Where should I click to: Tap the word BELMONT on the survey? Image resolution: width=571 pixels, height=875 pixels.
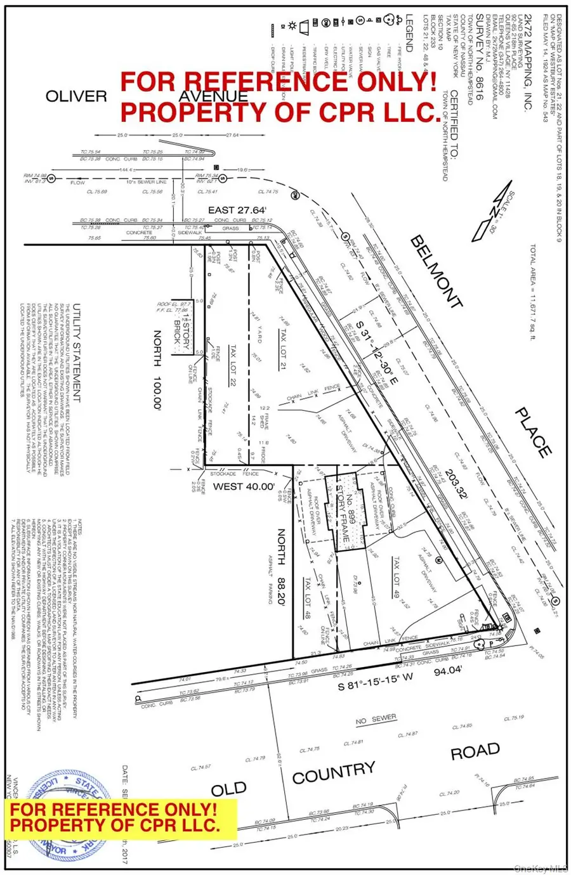435,272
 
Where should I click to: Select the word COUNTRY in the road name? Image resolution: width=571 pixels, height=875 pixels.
333,773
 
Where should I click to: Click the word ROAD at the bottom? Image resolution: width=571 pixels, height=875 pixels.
475,752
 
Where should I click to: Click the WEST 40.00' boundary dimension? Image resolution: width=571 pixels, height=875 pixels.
226,487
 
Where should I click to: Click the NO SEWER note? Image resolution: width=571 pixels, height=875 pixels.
376,719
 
